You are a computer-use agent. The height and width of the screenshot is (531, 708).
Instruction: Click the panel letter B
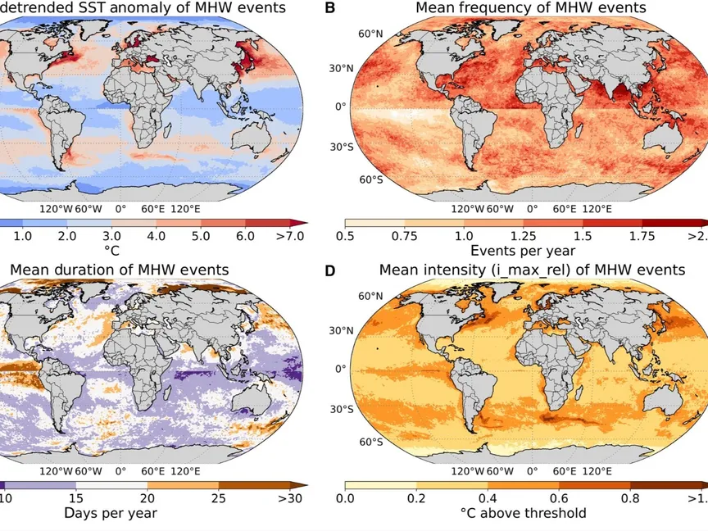[x=330, y=8]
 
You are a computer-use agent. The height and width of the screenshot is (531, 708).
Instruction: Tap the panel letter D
[x=330, y=270]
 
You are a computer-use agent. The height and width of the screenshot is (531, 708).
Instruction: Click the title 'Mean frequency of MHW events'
[x=530, y=8]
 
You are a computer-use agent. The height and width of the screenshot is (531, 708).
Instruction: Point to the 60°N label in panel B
[x=371, y=34]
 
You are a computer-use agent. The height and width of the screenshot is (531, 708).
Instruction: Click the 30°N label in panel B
[x=364, y=69]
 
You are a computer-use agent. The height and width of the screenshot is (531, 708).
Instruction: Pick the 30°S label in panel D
[x=364, y=407]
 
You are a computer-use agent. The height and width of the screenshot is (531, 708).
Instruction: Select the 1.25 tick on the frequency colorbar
[x=524, y=236]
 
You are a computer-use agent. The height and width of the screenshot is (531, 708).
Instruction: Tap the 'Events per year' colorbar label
[x=524, y=251]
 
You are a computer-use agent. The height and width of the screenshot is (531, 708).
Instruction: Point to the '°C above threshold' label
[x=524, y=513]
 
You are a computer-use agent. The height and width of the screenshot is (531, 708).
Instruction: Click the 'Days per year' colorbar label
[x=110, y=513]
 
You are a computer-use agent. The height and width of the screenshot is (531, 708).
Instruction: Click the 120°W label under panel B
[x=468, y=208]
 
